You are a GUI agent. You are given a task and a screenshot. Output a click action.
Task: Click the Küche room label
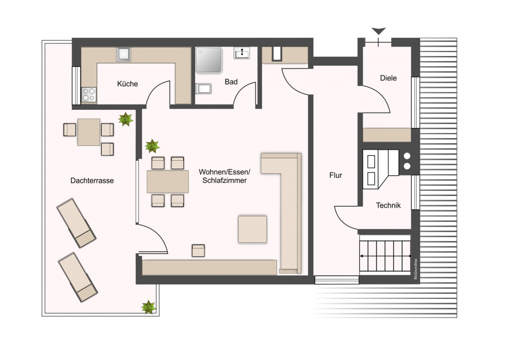[127, 84]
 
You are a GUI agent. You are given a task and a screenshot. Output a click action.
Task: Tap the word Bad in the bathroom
[231, 82]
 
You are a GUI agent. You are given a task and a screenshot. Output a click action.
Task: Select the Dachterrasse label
[92, 181]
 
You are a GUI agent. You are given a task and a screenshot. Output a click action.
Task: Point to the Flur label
[335, 175]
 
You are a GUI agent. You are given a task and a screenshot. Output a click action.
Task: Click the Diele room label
[388, 78]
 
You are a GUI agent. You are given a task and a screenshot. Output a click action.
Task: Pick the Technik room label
[388, 205]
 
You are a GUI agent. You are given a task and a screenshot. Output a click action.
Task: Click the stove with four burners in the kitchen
[89, 95]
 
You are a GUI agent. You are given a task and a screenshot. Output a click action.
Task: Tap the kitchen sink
[124, 54]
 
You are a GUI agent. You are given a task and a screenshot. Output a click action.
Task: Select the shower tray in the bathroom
[208, 60]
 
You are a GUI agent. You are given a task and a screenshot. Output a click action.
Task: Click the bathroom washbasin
[242, 53]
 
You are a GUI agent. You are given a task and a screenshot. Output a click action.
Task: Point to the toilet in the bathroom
[203, 88]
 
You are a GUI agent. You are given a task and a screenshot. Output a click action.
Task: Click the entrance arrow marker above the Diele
[378, 32]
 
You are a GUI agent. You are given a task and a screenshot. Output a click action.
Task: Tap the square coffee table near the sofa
[252, 229]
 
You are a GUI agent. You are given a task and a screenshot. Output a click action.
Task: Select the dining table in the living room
[167, 182]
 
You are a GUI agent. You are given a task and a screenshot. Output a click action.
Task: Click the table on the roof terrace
[89, 132]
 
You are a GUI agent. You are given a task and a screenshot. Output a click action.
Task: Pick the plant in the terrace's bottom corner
[148, 307]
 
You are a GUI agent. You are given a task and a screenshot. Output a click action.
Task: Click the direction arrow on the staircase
[385, 256]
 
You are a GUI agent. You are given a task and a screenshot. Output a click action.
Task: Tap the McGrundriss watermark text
[415, 269]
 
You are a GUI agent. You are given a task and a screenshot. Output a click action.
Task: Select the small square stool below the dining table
[198, 251]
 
